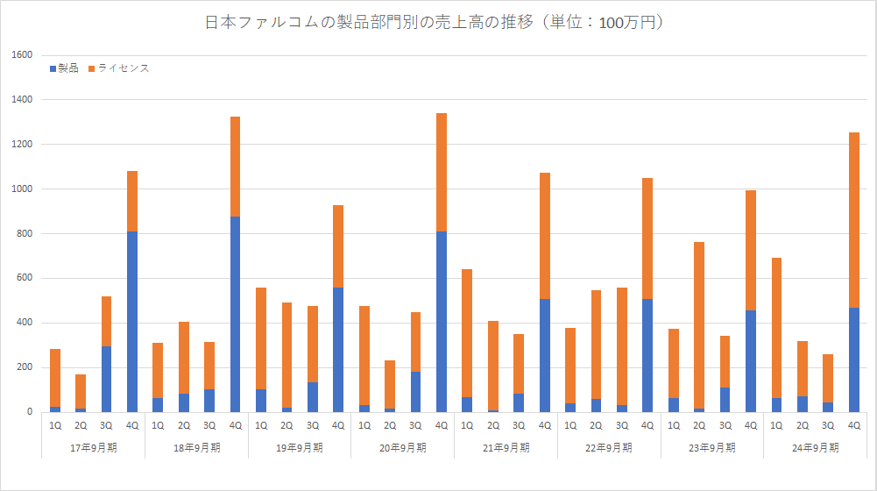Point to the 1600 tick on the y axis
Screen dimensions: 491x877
pyautogui.click(x=23, y=55)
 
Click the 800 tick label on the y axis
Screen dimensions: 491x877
pyautogui.click(x=25, y=233)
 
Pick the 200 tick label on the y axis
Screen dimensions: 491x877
pyautogui.click(x=25, y=367)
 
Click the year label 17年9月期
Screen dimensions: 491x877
pyautogui.click(x=93, y=447)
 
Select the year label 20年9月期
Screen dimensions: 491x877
pyautogui.click(x=402, y=447)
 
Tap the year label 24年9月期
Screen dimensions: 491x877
pyautogui.click(x=815, y=447)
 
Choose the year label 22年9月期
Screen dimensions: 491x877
pyautogui.click(x=609, y=447)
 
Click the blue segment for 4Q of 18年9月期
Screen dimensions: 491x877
pyautogui.click(x=235, y=314)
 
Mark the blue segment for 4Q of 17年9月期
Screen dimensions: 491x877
pyautogui.click(x=132, y=321)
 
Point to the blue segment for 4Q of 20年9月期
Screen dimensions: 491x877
pyautogui.click(x=442, y=321)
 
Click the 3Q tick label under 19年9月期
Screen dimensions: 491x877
pyautogui.click(x=313, y=425)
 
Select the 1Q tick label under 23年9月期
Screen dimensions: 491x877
pyautogui.click(x=674, y=425)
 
